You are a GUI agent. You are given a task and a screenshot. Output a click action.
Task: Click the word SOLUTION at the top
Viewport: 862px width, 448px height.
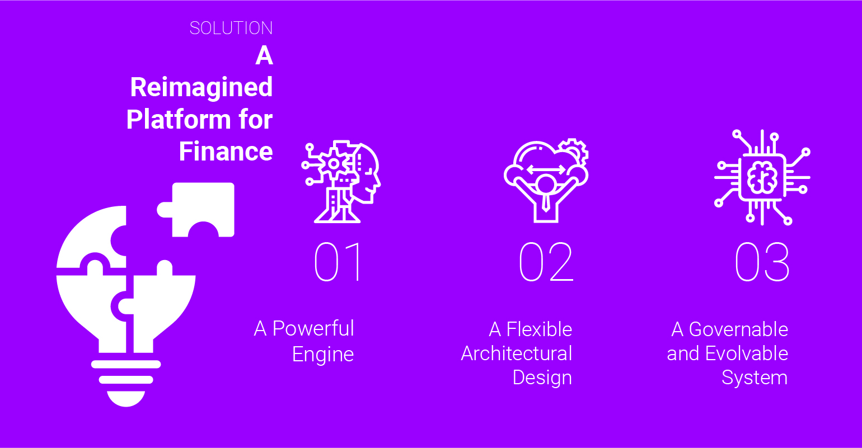[x=231, y=28]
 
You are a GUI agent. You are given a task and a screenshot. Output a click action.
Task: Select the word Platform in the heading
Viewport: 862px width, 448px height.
[x=178, y=120]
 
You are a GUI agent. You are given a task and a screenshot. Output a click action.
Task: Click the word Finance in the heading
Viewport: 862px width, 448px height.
[x=226, y=151]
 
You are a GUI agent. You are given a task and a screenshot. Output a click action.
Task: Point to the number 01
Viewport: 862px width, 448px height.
[x=339, y=262]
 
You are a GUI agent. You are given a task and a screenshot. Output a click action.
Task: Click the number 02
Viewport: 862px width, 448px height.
[x=546, y=262]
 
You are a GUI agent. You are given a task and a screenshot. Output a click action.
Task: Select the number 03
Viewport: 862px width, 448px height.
[x=762, y=262]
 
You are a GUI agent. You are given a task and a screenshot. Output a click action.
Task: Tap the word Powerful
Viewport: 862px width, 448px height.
[x=313, y=329]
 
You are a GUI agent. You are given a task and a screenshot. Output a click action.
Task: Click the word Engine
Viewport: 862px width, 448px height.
[x=323, y=355]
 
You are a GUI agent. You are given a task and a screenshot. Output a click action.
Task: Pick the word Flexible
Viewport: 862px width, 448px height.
[x=539, y=329]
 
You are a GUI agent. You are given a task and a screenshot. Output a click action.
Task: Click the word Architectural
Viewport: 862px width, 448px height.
[x=517, y=353]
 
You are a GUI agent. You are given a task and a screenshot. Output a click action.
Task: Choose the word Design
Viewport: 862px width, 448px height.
[x=542, y=378]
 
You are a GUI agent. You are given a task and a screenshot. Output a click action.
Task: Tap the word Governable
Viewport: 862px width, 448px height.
[x=738, y=329]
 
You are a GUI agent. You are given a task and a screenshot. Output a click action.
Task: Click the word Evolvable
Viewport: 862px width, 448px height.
[x=747, y=353]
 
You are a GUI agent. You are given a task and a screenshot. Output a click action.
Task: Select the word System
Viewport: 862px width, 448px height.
[x=755, y=378]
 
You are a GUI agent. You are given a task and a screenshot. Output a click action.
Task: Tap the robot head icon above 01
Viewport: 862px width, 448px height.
[x=341, y=182]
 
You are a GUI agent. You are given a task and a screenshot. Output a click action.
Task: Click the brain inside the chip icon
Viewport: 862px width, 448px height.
[x=762, y=178]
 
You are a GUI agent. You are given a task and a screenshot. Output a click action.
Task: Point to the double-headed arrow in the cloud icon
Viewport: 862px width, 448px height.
[x=546, y=169]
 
